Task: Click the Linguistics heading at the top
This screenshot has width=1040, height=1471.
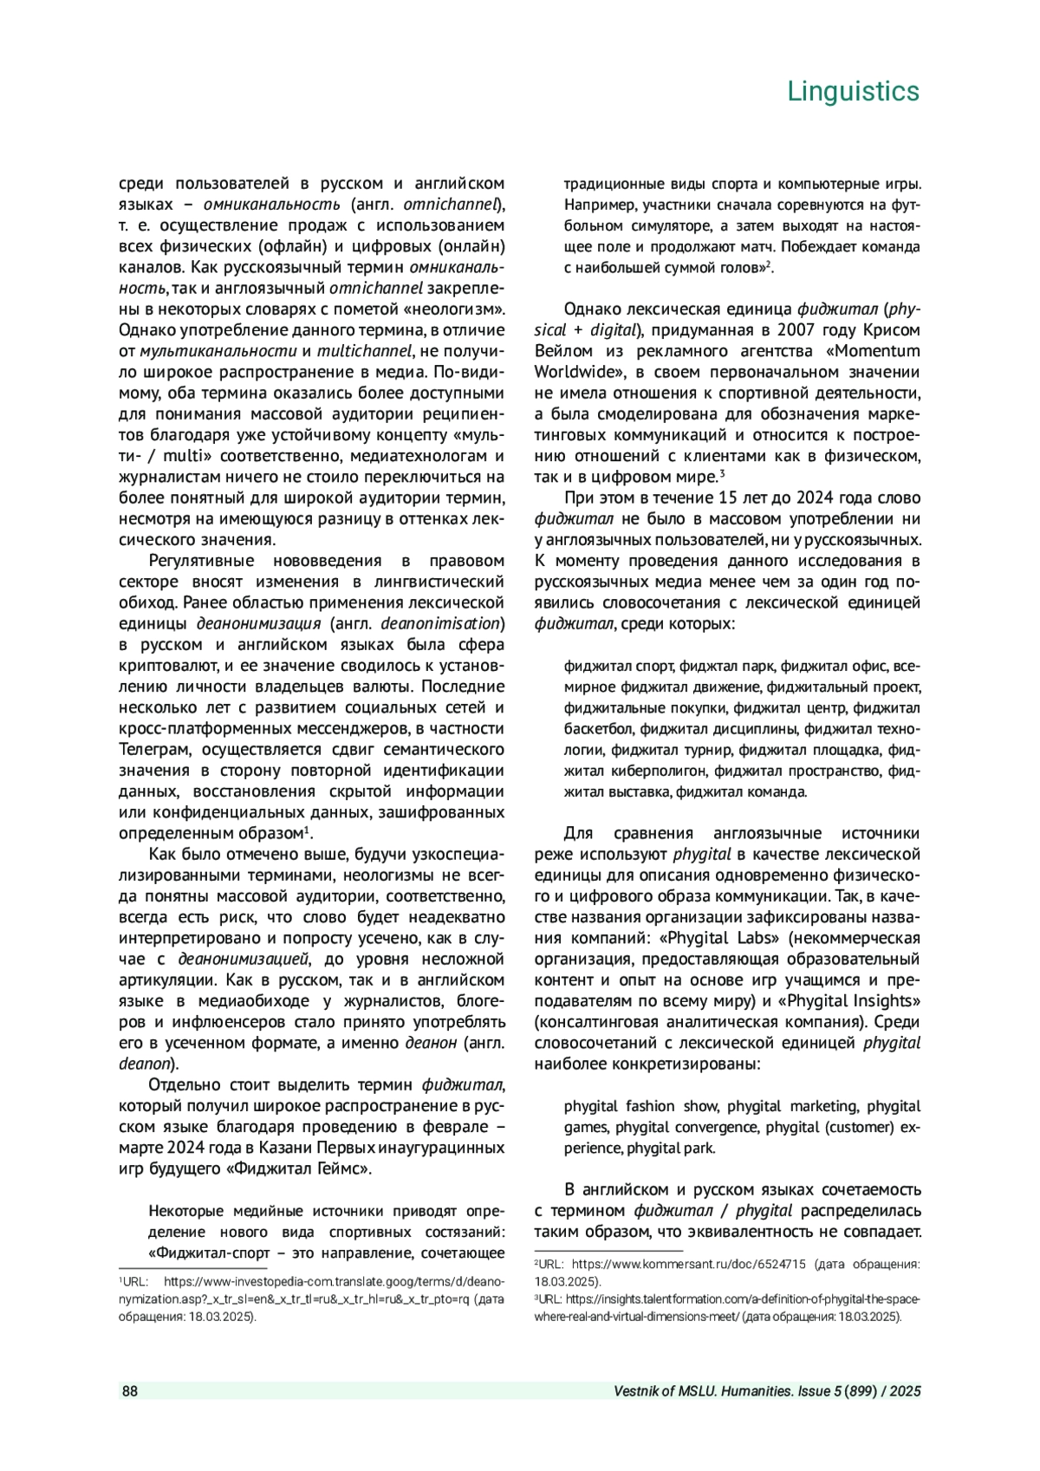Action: pos(853,91)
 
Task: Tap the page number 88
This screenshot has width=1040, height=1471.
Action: pos(129,1391)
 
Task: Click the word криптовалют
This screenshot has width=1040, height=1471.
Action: pos(170,666)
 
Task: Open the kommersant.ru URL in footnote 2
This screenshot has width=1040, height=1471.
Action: pos(689,1265)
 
